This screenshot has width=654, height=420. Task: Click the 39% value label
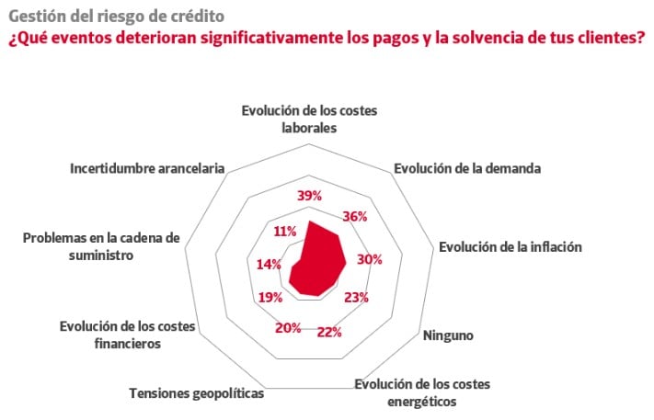tap(310, 195)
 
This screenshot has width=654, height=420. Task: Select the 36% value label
tap(354, 217)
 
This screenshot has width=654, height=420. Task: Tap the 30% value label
tap(369, 259)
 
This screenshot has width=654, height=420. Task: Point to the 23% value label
tap(356, 297)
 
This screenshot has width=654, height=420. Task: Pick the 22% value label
tap(329, 332)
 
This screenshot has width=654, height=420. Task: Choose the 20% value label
tap(288, 328)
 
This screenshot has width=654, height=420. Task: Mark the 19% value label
tap(270, 297)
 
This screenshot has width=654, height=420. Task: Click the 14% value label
tap(269, 264)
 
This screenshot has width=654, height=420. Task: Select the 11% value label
tap(284, 231)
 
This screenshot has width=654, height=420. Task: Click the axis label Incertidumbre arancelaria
tap(147, 169)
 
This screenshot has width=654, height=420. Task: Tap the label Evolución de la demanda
tap(466, 169)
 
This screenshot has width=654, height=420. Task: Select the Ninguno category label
tap(448, 335)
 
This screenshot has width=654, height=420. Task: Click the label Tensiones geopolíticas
tap(196, 393)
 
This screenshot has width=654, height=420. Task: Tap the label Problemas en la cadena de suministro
tap(102, 246)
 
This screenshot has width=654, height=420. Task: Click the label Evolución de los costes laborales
tap(309, 119)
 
